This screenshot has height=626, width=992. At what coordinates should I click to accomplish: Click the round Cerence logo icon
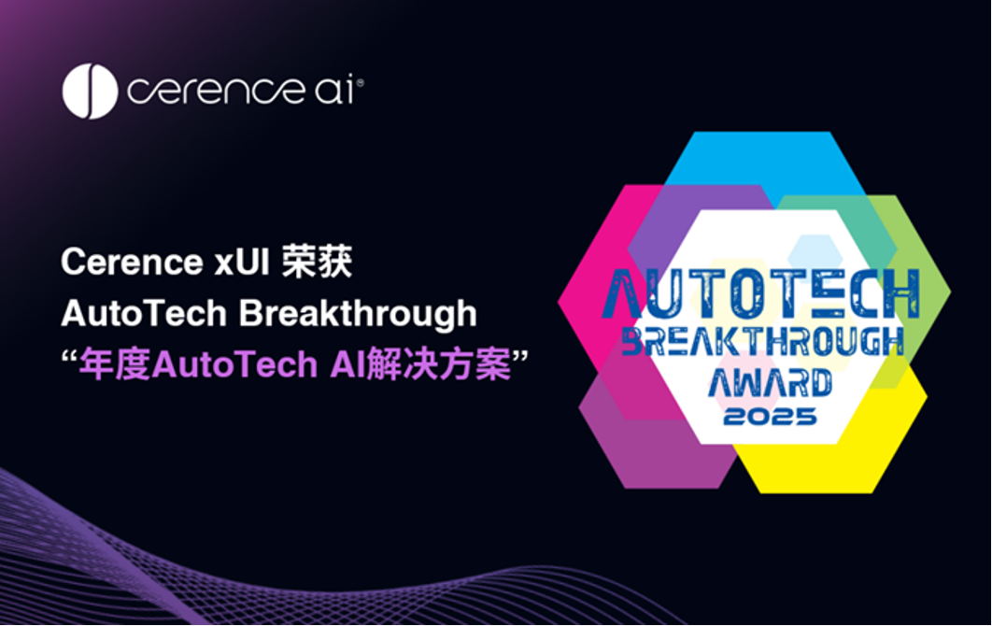90,91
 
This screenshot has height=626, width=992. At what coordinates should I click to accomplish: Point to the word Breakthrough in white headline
358,314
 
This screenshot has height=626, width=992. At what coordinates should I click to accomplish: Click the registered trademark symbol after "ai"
360,83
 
